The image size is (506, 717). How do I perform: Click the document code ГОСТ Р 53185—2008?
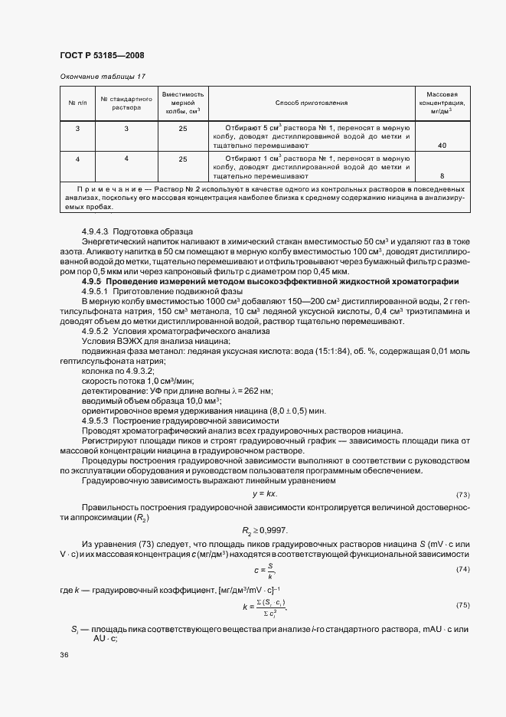tap(101, 55)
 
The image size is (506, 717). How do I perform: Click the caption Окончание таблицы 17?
tap(102, 77)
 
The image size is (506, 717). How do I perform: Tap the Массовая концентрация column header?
tap(442, 102)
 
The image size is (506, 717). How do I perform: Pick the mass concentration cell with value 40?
tap(442, 145)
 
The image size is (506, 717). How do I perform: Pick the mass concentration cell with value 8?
tap(442, 175)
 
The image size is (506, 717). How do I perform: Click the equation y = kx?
tap(263, 493)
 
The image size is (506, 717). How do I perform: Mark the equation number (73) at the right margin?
tap(462, 494)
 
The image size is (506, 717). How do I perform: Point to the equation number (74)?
tap(462, 569)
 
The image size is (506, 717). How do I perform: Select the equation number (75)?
tap(462, 605)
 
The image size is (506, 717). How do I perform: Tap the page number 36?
tap(64, 655)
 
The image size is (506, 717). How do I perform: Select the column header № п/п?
tap(77, 103)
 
